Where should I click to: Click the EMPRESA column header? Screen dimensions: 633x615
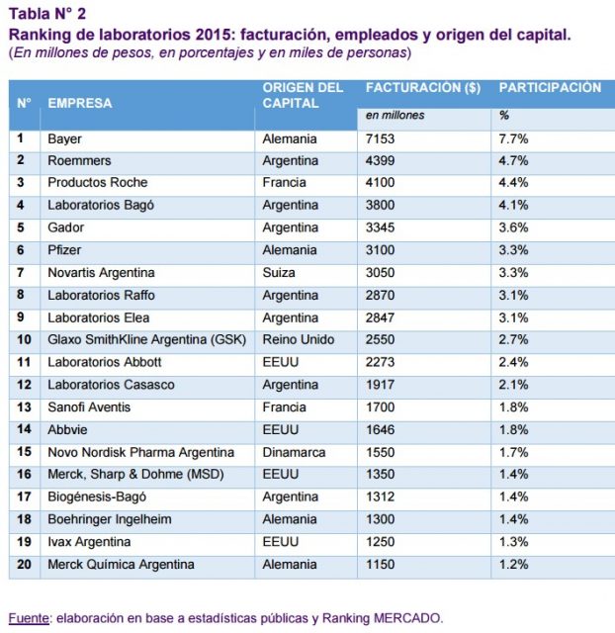pos(80,103)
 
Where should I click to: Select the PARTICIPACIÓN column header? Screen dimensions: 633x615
pos(550,88)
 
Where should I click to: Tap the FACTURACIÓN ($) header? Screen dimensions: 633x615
pos(422,88)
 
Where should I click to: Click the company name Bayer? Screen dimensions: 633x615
pos(65,138)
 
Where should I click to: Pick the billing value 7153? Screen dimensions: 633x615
pos(381,138)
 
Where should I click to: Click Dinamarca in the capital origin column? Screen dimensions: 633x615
pos(295,452)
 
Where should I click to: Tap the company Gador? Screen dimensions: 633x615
pos(65,227)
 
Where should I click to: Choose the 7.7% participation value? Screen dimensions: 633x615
pos(513,138)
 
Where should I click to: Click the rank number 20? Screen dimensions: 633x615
pos(25,564)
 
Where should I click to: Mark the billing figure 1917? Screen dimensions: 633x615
pos(381,384)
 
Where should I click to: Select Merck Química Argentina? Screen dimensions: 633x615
pos(122,564)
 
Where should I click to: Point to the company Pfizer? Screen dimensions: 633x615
pos(64,250)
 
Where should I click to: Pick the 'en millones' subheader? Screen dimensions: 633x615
pos(395,115)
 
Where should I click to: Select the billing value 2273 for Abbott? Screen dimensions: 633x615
pos(381,362)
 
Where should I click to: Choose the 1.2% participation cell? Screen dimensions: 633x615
pos(513,564)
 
